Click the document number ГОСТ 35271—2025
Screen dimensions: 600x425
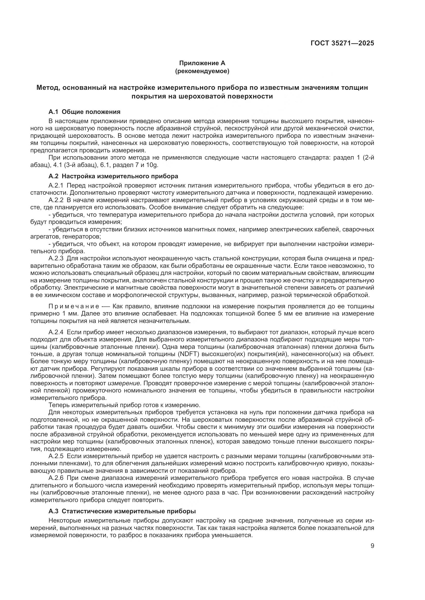pos(342,43)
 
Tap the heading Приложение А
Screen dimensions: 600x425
pos(202,63)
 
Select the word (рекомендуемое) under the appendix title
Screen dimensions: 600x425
pos(202,71)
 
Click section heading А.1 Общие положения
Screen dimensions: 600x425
pos(84,112)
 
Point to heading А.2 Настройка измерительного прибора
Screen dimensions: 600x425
pos(113,176)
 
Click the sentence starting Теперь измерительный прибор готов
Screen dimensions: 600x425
pos(124,405)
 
